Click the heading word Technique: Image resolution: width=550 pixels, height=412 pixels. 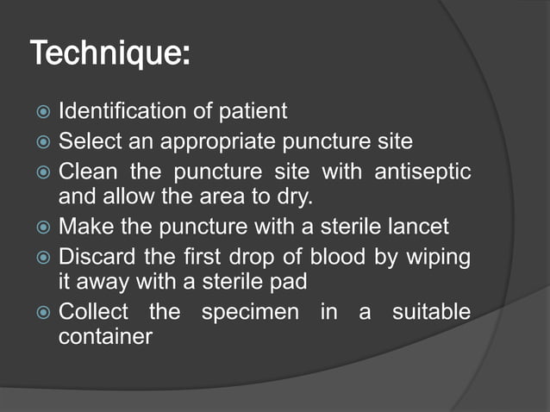110,53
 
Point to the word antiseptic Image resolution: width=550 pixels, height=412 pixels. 422,170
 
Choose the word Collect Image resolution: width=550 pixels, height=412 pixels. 93,310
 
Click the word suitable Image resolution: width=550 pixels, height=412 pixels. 431,310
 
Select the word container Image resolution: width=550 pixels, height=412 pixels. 105,337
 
